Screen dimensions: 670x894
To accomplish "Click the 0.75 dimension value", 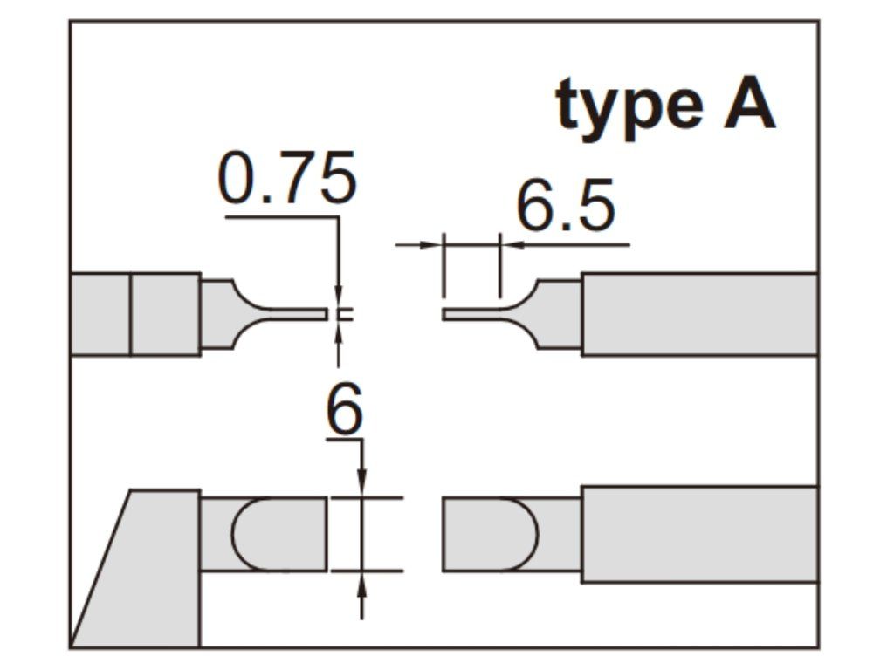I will tap(287, 178).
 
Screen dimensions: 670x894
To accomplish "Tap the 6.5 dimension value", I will tap(566, 208).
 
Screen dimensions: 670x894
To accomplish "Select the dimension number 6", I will tap(344, 410).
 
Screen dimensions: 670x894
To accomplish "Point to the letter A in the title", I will tap(748, 105).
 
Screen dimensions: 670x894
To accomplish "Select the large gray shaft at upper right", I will tap(698, 314).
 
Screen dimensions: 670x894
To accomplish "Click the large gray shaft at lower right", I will tap(698, 534).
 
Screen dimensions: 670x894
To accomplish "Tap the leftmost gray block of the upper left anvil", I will tap(100, 314).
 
